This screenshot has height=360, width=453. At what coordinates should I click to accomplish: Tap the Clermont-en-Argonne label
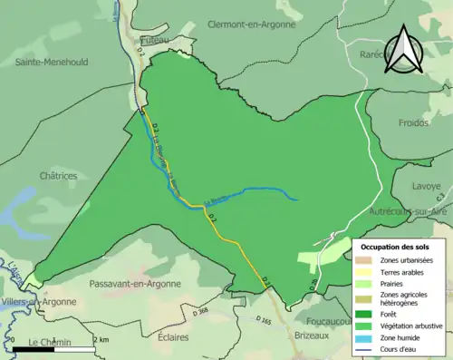coord(252,24)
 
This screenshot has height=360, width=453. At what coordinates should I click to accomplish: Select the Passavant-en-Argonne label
coord(136,284)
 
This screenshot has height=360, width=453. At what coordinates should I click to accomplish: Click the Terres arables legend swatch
coord(367,271)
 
